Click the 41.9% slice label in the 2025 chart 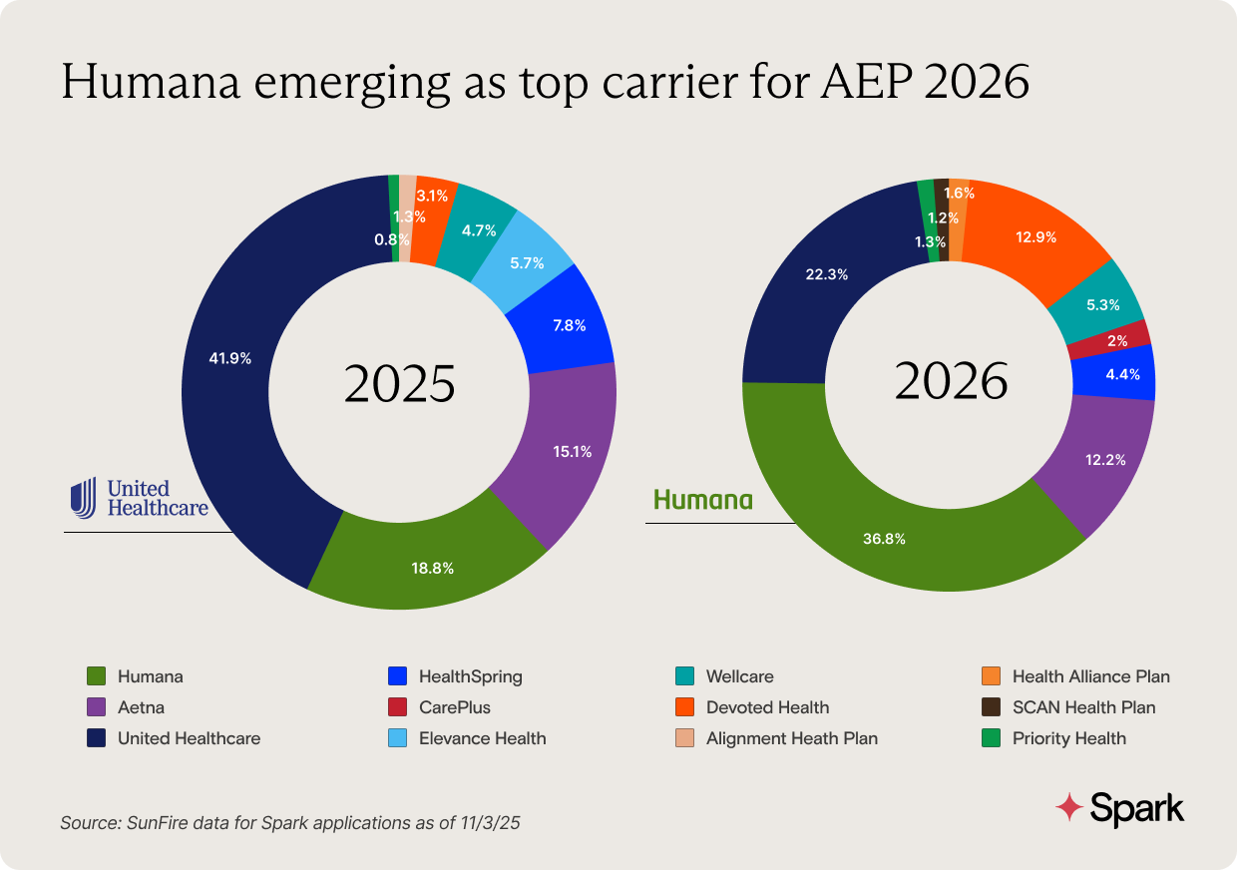point(230,356)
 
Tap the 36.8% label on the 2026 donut point(884,539)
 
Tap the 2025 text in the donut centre point(399,384)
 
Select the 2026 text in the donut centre point(950,381)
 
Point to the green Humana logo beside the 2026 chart point(702,500)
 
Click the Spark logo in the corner point(1120,807)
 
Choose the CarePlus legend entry point(454,707)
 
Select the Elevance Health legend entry point(482,738)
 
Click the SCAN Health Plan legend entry point(1083,707)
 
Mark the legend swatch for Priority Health point(993,738)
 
